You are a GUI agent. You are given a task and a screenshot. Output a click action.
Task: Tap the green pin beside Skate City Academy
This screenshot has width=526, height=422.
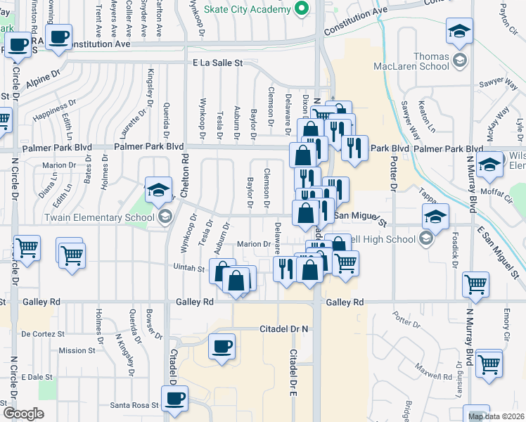point(302,9)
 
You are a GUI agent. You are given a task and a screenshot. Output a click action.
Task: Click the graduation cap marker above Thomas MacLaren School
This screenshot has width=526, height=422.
point(459,32)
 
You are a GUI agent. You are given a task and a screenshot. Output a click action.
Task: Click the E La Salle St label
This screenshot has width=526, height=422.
point(217,63)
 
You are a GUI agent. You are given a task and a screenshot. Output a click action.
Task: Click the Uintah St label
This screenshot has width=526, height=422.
point(189,268)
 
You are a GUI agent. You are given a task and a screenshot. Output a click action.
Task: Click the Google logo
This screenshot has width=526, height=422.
point(23,414)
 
